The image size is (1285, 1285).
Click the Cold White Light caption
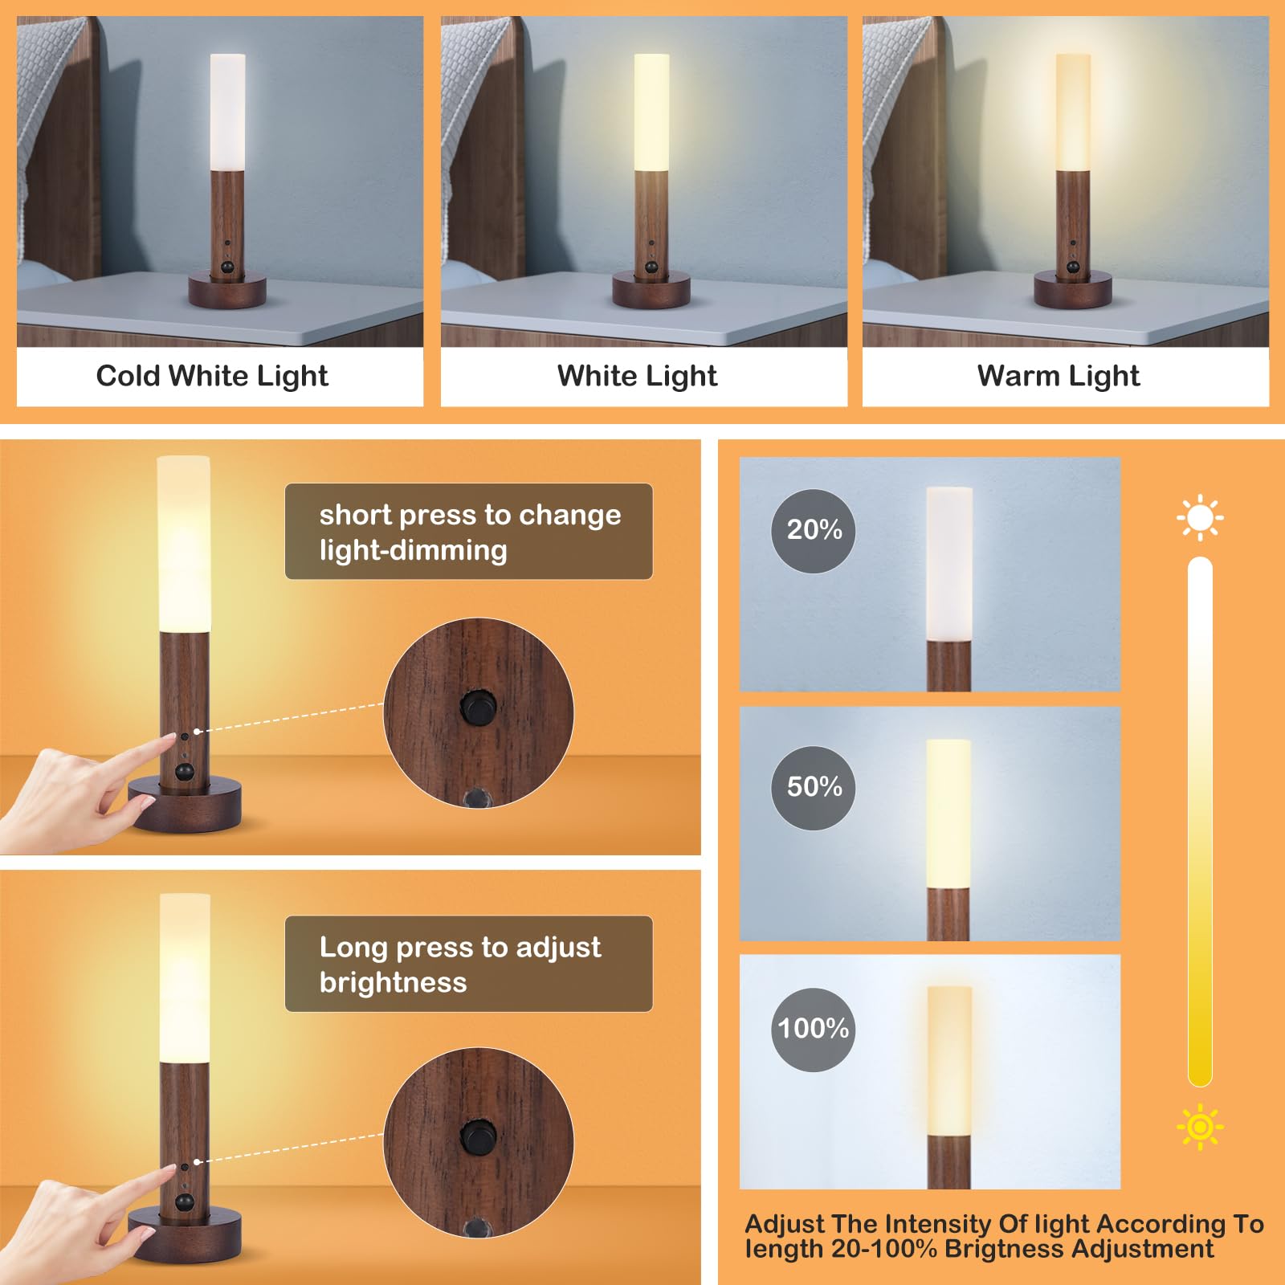click(212, 376)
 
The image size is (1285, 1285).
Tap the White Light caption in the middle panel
click(637, 376)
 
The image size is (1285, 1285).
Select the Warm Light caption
click(1059, 376)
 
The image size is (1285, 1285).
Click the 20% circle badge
click(813, 531)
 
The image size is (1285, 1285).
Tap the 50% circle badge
click(813, 788)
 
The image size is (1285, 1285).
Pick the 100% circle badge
click(813, 1029)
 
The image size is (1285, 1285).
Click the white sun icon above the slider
click(1200, 518)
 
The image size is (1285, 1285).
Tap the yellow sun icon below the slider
click(1200, 1127)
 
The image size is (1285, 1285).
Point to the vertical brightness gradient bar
click(1200, 819)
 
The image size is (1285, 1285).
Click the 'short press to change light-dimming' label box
click(469, 532)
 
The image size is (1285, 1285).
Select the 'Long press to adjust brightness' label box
click(469, 964)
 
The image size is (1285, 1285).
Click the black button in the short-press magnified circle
click(478, 708)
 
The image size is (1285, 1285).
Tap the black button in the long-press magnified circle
click(478, 1137)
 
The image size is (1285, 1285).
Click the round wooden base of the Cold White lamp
click(227, 291)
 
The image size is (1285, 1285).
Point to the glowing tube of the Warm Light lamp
click(1073, 112)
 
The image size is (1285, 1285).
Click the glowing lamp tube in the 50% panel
click(948, 813)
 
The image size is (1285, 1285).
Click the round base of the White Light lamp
click(651, 291)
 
